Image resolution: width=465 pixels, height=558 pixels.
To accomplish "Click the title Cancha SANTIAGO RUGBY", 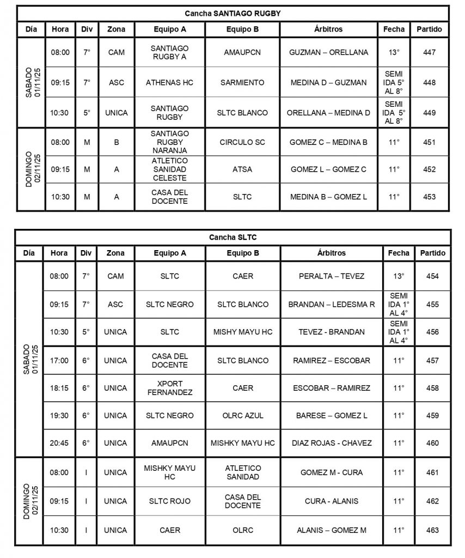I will click(233, 13).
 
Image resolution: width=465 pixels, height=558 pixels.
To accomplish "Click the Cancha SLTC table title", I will click(233, 237).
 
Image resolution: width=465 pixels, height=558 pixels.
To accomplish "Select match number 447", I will click(429, 52).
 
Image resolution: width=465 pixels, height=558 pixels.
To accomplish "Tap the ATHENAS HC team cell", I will click(169, 82).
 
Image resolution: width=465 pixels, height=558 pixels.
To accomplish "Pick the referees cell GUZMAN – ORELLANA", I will click(329, 52).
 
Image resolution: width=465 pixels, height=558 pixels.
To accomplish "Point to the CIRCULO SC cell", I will click(242, 142).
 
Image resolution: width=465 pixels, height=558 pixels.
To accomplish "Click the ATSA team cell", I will click(242, 169).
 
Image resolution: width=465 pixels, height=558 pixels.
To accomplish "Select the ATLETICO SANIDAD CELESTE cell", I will click(169, 169).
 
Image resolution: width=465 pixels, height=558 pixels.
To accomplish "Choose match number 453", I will click(429, 197).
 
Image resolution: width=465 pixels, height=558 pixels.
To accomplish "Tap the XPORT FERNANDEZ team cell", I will click(169, 388).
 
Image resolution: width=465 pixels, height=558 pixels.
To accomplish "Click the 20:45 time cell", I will click(59, 443).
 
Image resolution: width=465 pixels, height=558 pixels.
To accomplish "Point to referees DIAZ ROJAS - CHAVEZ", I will click(332, 443).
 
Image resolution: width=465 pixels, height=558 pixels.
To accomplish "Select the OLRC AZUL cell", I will click(242, 415).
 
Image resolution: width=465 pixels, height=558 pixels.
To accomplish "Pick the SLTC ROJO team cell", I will click(169, 501).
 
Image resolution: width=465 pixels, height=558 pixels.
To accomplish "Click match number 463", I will click(432, 530).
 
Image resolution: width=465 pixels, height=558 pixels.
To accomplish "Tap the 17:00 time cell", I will click(59, 360).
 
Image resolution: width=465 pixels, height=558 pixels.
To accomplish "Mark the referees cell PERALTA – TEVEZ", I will click(332, 276).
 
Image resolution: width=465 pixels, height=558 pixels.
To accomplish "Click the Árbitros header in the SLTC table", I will click(332, 253).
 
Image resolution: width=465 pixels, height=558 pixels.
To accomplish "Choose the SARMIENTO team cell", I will click(242, 82).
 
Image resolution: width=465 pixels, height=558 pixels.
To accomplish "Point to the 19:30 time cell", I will click(59, 415).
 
